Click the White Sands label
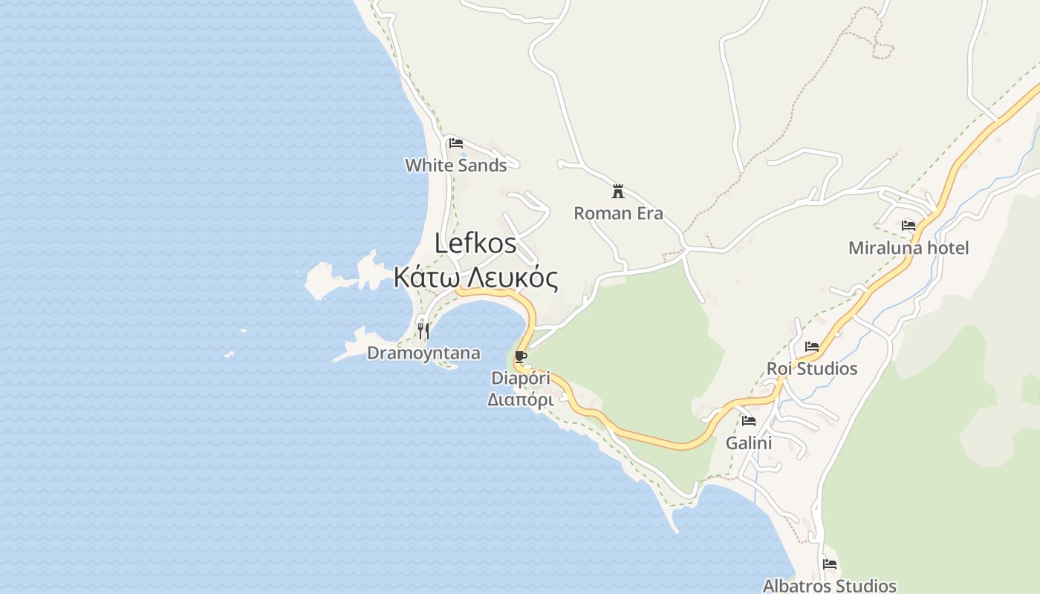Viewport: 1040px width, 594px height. point(455,166)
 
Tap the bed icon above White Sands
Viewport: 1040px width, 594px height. point(456,143)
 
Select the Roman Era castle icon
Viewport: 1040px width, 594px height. point(617,192)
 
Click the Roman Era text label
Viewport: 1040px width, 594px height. point(618,214)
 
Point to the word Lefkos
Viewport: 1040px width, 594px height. point(475,244)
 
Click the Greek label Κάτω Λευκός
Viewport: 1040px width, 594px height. point(475,278)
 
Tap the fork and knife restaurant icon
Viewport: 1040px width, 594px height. point(423,330)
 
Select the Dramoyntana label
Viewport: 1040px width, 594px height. point(423,353)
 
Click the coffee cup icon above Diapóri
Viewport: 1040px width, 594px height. point(521,357)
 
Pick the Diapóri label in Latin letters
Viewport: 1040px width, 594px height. point(521,379)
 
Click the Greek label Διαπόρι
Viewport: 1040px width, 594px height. point(520,399)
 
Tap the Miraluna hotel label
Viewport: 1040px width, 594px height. point(909,248)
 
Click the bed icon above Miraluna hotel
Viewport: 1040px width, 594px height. point(908,225)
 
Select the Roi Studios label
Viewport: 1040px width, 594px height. point(812,369)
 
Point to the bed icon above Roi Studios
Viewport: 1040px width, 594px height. point(812,346)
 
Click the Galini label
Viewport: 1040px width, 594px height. point(749,443)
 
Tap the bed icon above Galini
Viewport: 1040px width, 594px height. point(749,420)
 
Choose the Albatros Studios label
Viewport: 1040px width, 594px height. point(830,586)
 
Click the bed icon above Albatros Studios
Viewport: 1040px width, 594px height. point(830,564)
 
